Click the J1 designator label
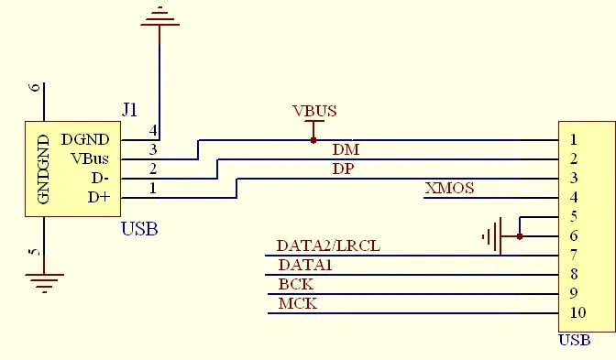[130, 110]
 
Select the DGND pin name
[85, 139]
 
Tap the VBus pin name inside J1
[91, 158]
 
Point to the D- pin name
[98, 178]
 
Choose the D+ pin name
[98, 197]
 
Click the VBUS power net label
[314, 112]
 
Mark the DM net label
[346, 149]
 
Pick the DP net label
[344, 169]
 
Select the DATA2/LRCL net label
[328, 245]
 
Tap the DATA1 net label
[305, 265]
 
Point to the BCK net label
[296, 284]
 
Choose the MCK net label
[298, 303]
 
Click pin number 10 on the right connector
[577, 312]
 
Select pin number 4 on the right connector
[573, 197]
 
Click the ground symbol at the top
[159, 16]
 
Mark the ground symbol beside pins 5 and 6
[493, 236]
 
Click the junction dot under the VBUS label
[313, 140]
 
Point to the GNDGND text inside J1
[42, 169]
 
